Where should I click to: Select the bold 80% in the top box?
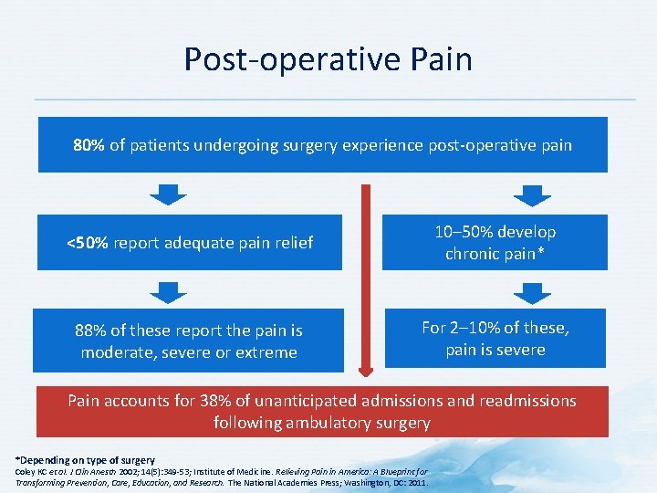click(x=89, y=145)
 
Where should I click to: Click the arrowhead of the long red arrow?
click(x=366, y=371)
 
